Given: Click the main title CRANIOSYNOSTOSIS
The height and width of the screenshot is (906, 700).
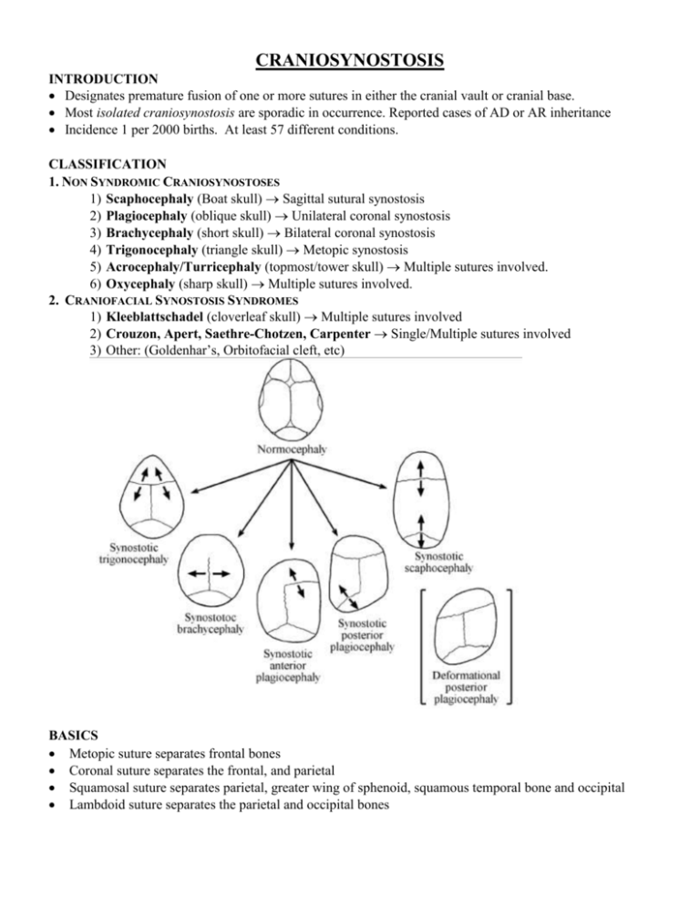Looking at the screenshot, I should [x=350, y=61].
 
